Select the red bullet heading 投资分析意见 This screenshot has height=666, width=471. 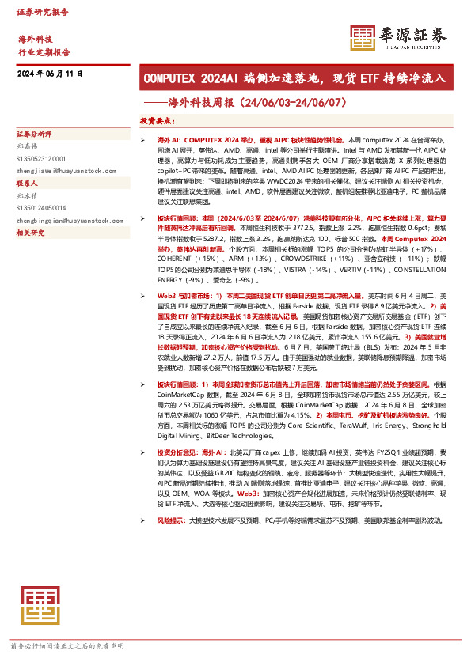point(177,452)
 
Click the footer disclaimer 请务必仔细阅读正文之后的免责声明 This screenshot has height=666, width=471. point(66,646)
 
